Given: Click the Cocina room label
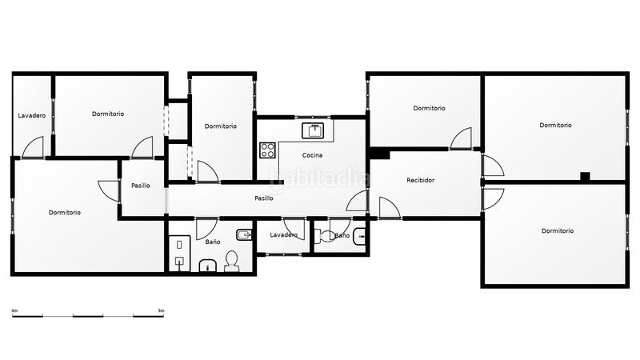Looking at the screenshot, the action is click(312, 155).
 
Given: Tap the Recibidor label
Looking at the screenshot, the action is click(421, 180).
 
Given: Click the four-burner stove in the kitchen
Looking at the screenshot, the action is click(267, 150).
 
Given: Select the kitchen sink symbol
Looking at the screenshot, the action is click(313, 130).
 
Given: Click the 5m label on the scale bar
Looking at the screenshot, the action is click(162, 311).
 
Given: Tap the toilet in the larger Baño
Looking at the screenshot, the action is click(231, 262).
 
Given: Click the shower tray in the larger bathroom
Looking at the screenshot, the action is click(179, 253).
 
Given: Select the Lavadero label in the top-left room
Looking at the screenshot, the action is click(32, 115).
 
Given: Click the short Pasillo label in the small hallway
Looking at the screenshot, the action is click(141, 186).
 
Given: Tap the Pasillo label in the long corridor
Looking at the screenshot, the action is click(264, 198).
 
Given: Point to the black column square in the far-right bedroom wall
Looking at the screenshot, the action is click(585, 176).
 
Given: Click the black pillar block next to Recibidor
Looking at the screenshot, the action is click(378, 154).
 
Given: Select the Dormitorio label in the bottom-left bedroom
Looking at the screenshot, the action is click(65, 213).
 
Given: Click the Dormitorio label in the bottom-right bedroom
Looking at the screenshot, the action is click(558, 231).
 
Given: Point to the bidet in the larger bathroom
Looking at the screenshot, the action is click(243, 234).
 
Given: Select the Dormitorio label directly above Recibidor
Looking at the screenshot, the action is click(429, 108).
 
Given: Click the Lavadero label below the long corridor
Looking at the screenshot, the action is click(284, 235).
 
